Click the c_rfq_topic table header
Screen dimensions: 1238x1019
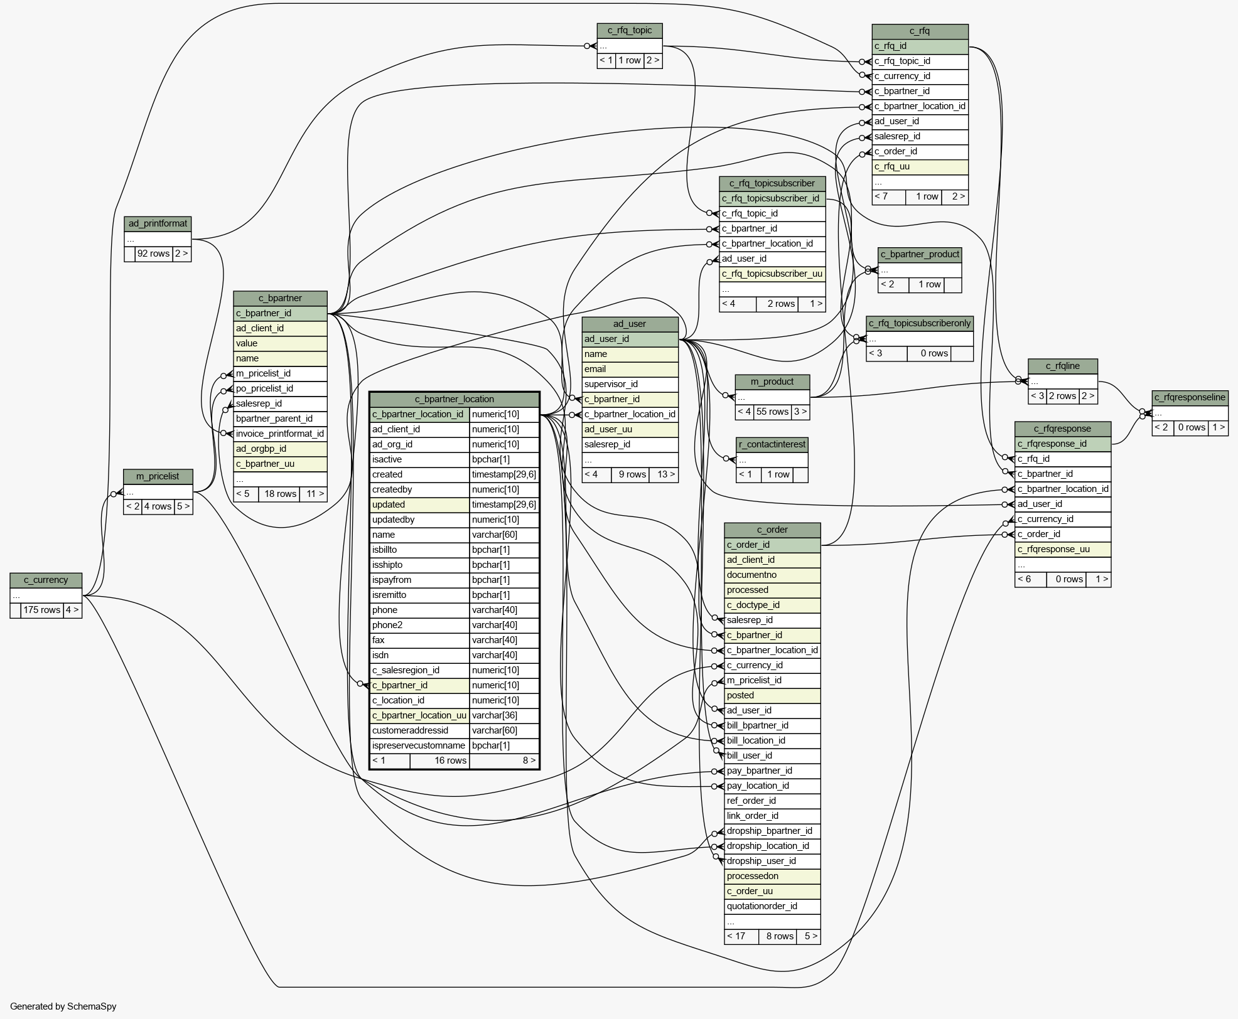pos(630,31)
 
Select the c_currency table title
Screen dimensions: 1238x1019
pos(46,580)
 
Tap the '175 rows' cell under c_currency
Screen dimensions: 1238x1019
pos(42,610)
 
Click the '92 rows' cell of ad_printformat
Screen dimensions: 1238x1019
pos(154,253)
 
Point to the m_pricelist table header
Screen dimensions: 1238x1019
pos(158,476)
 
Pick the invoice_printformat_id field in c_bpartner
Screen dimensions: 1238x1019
pos(280,434)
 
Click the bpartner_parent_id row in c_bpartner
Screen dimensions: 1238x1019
pos(280,419)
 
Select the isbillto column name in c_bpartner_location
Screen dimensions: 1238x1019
pos(419,550)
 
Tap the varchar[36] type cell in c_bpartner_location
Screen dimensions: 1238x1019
pos(504,715)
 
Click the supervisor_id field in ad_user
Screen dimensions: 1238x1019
pos(630,384)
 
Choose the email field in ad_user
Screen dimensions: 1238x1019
pos(630,369)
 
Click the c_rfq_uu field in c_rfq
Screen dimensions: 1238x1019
pos(920,167)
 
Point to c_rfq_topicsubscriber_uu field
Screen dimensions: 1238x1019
pos(772,274)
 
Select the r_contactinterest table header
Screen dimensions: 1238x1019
pos(772,445)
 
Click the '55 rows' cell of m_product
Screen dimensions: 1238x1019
pos(772,412)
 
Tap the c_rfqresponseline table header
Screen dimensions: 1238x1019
pos(1190,398)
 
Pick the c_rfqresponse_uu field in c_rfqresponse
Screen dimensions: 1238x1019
pos(1063,550)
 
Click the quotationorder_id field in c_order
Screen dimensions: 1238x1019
pos(772,907)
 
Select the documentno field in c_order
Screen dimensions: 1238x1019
pos(772,575)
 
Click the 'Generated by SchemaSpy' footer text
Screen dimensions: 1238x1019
pos(63,1006)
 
